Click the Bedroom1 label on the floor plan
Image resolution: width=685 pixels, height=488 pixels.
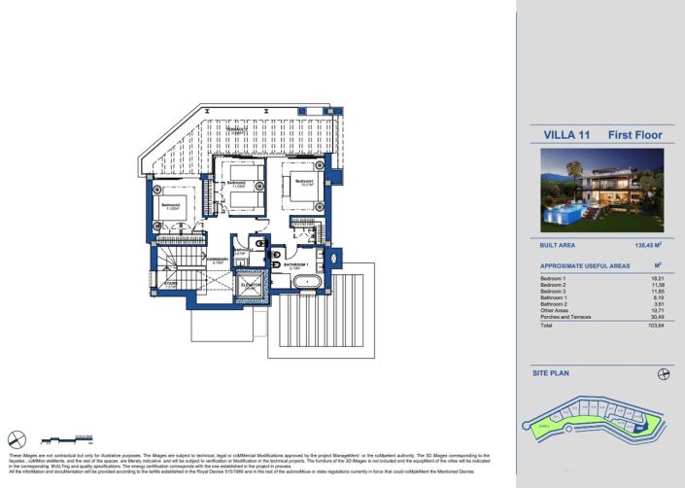point(303,181)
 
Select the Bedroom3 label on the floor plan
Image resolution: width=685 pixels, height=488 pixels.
point(171,204)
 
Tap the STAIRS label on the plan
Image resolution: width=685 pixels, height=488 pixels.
point(169,286)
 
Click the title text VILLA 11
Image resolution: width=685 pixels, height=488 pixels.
point(563,135)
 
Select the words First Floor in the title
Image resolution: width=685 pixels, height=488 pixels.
point(630,135)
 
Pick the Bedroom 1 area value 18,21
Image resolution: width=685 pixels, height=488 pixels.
point(656,279)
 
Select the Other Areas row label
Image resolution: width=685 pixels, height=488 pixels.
point(555,308)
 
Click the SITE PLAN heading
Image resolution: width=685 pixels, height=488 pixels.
point(550,372)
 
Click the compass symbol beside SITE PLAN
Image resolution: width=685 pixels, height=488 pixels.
point(664,372)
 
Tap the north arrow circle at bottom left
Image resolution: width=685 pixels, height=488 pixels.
point(17,437)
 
